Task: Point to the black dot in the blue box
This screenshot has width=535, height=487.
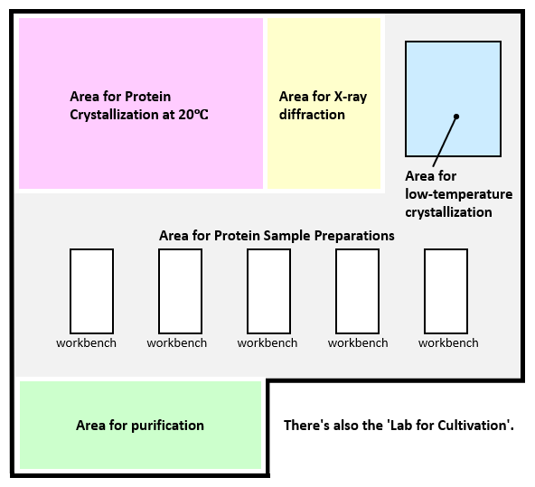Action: pos(456,117)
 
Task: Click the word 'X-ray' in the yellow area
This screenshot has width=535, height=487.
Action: pos(351,97)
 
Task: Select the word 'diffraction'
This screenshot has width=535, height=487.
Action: pos(312,115)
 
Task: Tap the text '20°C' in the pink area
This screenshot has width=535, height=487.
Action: pos(193,115)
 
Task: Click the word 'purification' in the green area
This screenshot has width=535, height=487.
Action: pos(167,426)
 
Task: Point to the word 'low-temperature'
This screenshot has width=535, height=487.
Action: pos(459,194)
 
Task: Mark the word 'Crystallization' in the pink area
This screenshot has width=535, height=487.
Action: pos(114,115)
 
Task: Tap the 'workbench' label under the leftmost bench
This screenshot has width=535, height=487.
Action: pos(87,342)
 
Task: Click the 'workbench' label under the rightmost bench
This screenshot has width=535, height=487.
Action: pos(448,342)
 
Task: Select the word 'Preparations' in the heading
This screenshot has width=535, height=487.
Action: pos(354,236)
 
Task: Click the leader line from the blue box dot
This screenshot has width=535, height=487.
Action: pos(445,142)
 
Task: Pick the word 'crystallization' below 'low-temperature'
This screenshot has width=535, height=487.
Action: pos(448,212)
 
